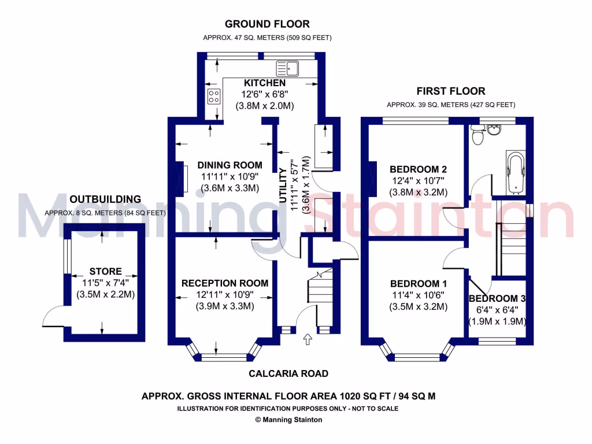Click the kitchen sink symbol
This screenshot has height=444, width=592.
click(287, 69)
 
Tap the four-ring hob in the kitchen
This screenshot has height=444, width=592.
click(214, 96)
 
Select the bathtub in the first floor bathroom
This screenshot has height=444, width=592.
click(515, 173)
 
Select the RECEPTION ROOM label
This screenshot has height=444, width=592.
click(225, 283)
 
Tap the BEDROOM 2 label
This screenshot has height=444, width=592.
click(418, 169)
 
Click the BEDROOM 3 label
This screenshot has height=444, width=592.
click(497, 299)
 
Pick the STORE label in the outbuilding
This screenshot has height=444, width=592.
click(106, 271)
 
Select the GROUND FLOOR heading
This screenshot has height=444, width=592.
click(267, 24)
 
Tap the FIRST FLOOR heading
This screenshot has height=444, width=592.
click(451, 91)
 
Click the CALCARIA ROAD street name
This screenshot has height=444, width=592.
click(288, 373)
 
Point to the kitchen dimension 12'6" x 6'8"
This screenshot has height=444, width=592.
click(265, 94)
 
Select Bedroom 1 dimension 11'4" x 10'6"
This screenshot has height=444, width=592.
click(419, 295)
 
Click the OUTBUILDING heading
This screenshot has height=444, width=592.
click(105, 199)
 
